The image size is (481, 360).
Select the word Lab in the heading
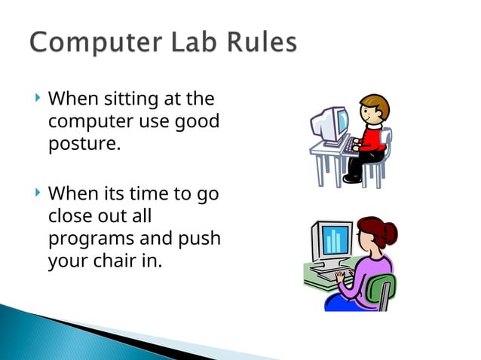[x=185, y=43]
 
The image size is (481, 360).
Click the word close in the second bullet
[x=69, y=217]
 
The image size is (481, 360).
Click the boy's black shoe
[x=351, y=178]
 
